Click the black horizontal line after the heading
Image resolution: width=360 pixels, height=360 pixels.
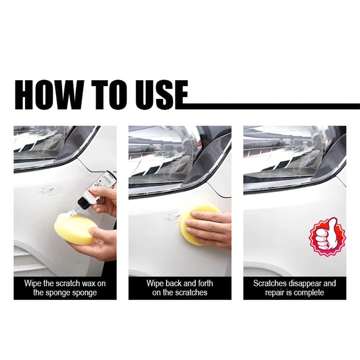click(x=270, y=106)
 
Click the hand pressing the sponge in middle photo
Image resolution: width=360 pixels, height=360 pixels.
click(x=211, y=227)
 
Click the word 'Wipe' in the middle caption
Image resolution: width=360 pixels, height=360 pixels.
click(x=155, y=283)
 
